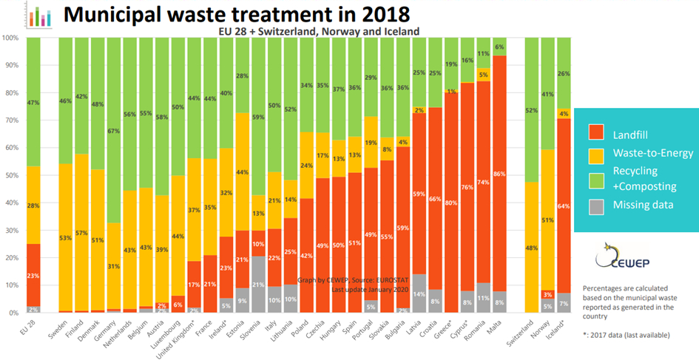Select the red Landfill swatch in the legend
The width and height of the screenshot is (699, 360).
(x=596, y=135)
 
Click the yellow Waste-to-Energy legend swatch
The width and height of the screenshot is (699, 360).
(x=596, y=154)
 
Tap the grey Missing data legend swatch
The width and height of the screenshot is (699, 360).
(x=596, y=205)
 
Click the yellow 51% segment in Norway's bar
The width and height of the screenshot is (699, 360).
(x=548, y=220)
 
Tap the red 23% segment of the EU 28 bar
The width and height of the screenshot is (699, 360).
(x=34, y=275)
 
